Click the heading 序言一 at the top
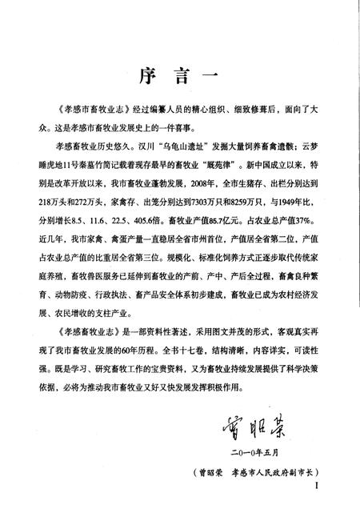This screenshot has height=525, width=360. pos(179,75)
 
